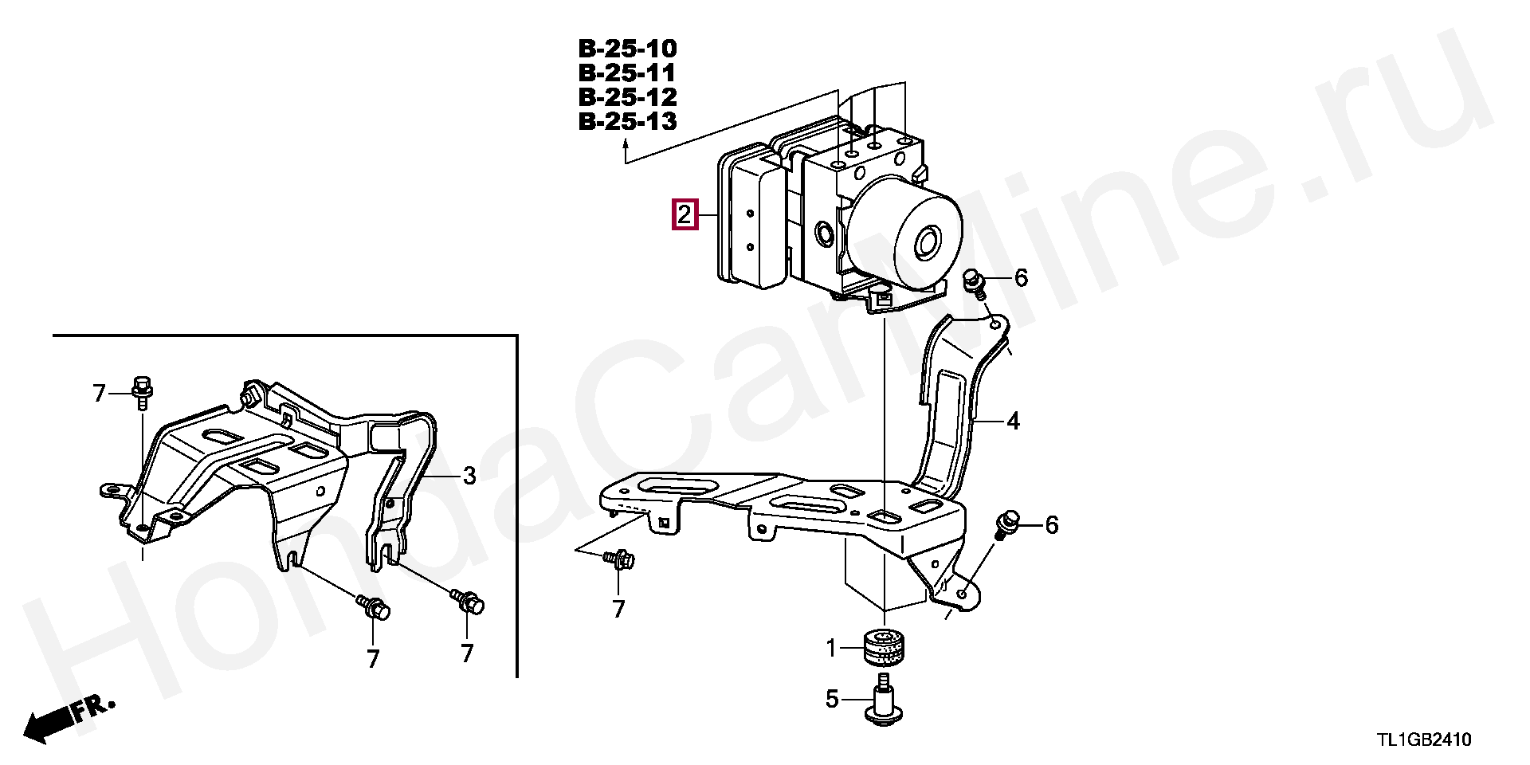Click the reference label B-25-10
coord(627,49)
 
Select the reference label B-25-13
coord(627,121)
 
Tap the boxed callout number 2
coord(685,214)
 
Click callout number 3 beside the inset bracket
coord(469,476)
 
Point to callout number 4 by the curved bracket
coord(1013,421)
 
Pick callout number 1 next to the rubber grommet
coord(831,649)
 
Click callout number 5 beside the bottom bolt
coord(832,700)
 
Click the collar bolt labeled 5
coord(883,700)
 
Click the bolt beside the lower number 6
coord(1007,523)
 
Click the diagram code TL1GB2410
coord(1424,739)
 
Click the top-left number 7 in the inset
coord(100,394)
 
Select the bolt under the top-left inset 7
coord(143,390)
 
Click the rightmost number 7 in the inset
coord(467,653)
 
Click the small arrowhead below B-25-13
coord(626,144)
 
